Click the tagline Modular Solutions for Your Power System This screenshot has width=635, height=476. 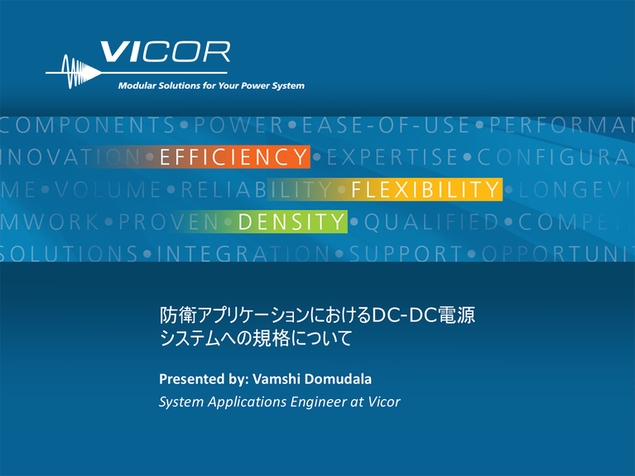click(x=211, y=85)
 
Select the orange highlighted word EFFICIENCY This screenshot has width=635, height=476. click(x=234, y=157)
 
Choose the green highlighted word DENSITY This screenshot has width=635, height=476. click(x=291, y=221)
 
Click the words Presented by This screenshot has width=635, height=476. click(x=198, y=379)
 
